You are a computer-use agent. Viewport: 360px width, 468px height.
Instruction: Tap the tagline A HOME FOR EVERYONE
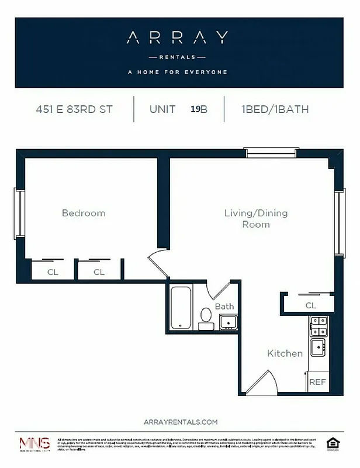[x=177, y=73]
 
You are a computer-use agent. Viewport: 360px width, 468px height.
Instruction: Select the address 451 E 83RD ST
[x=74, y=109]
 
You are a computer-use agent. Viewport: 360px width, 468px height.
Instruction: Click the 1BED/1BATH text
[x=274, y=109]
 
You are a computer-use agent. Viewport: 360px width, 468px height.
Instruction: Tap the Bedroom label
[x=84, y=213]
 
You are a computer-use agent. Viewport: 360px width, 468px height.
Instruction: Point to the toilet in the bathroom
[x=206, y=317]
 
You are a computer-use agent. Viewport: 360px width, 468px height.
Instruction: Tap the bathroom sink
[x=227, y=322]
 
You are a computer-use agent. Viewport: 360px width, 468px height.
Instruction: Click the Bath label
[x=224, y=306]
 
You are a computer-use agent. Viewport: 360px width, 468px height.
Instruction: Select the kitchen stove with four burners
[x=319, y=326]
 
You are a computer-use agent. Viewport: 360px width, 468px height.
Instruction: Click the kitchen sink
[x=319, y=347]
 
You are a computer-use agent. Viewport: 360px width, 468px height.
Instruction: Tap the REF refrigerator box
[x=317, y=382]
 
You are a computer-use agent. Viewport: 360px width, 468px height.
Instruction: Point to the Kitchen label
[x=285, y=353]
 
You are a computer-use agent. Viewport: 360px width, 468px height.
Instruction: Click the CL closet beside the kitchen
[x=310, y=305]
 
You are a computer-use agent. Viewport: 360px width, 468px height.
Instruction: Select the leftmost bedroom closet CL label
[x=53, y=271]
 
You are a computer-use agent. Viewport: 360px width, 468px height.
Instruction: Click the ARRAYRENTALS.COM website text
[x=180, y=421]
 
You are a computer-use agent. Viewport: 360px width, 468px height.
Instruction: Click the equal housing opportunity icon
[x=333, y=444]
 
